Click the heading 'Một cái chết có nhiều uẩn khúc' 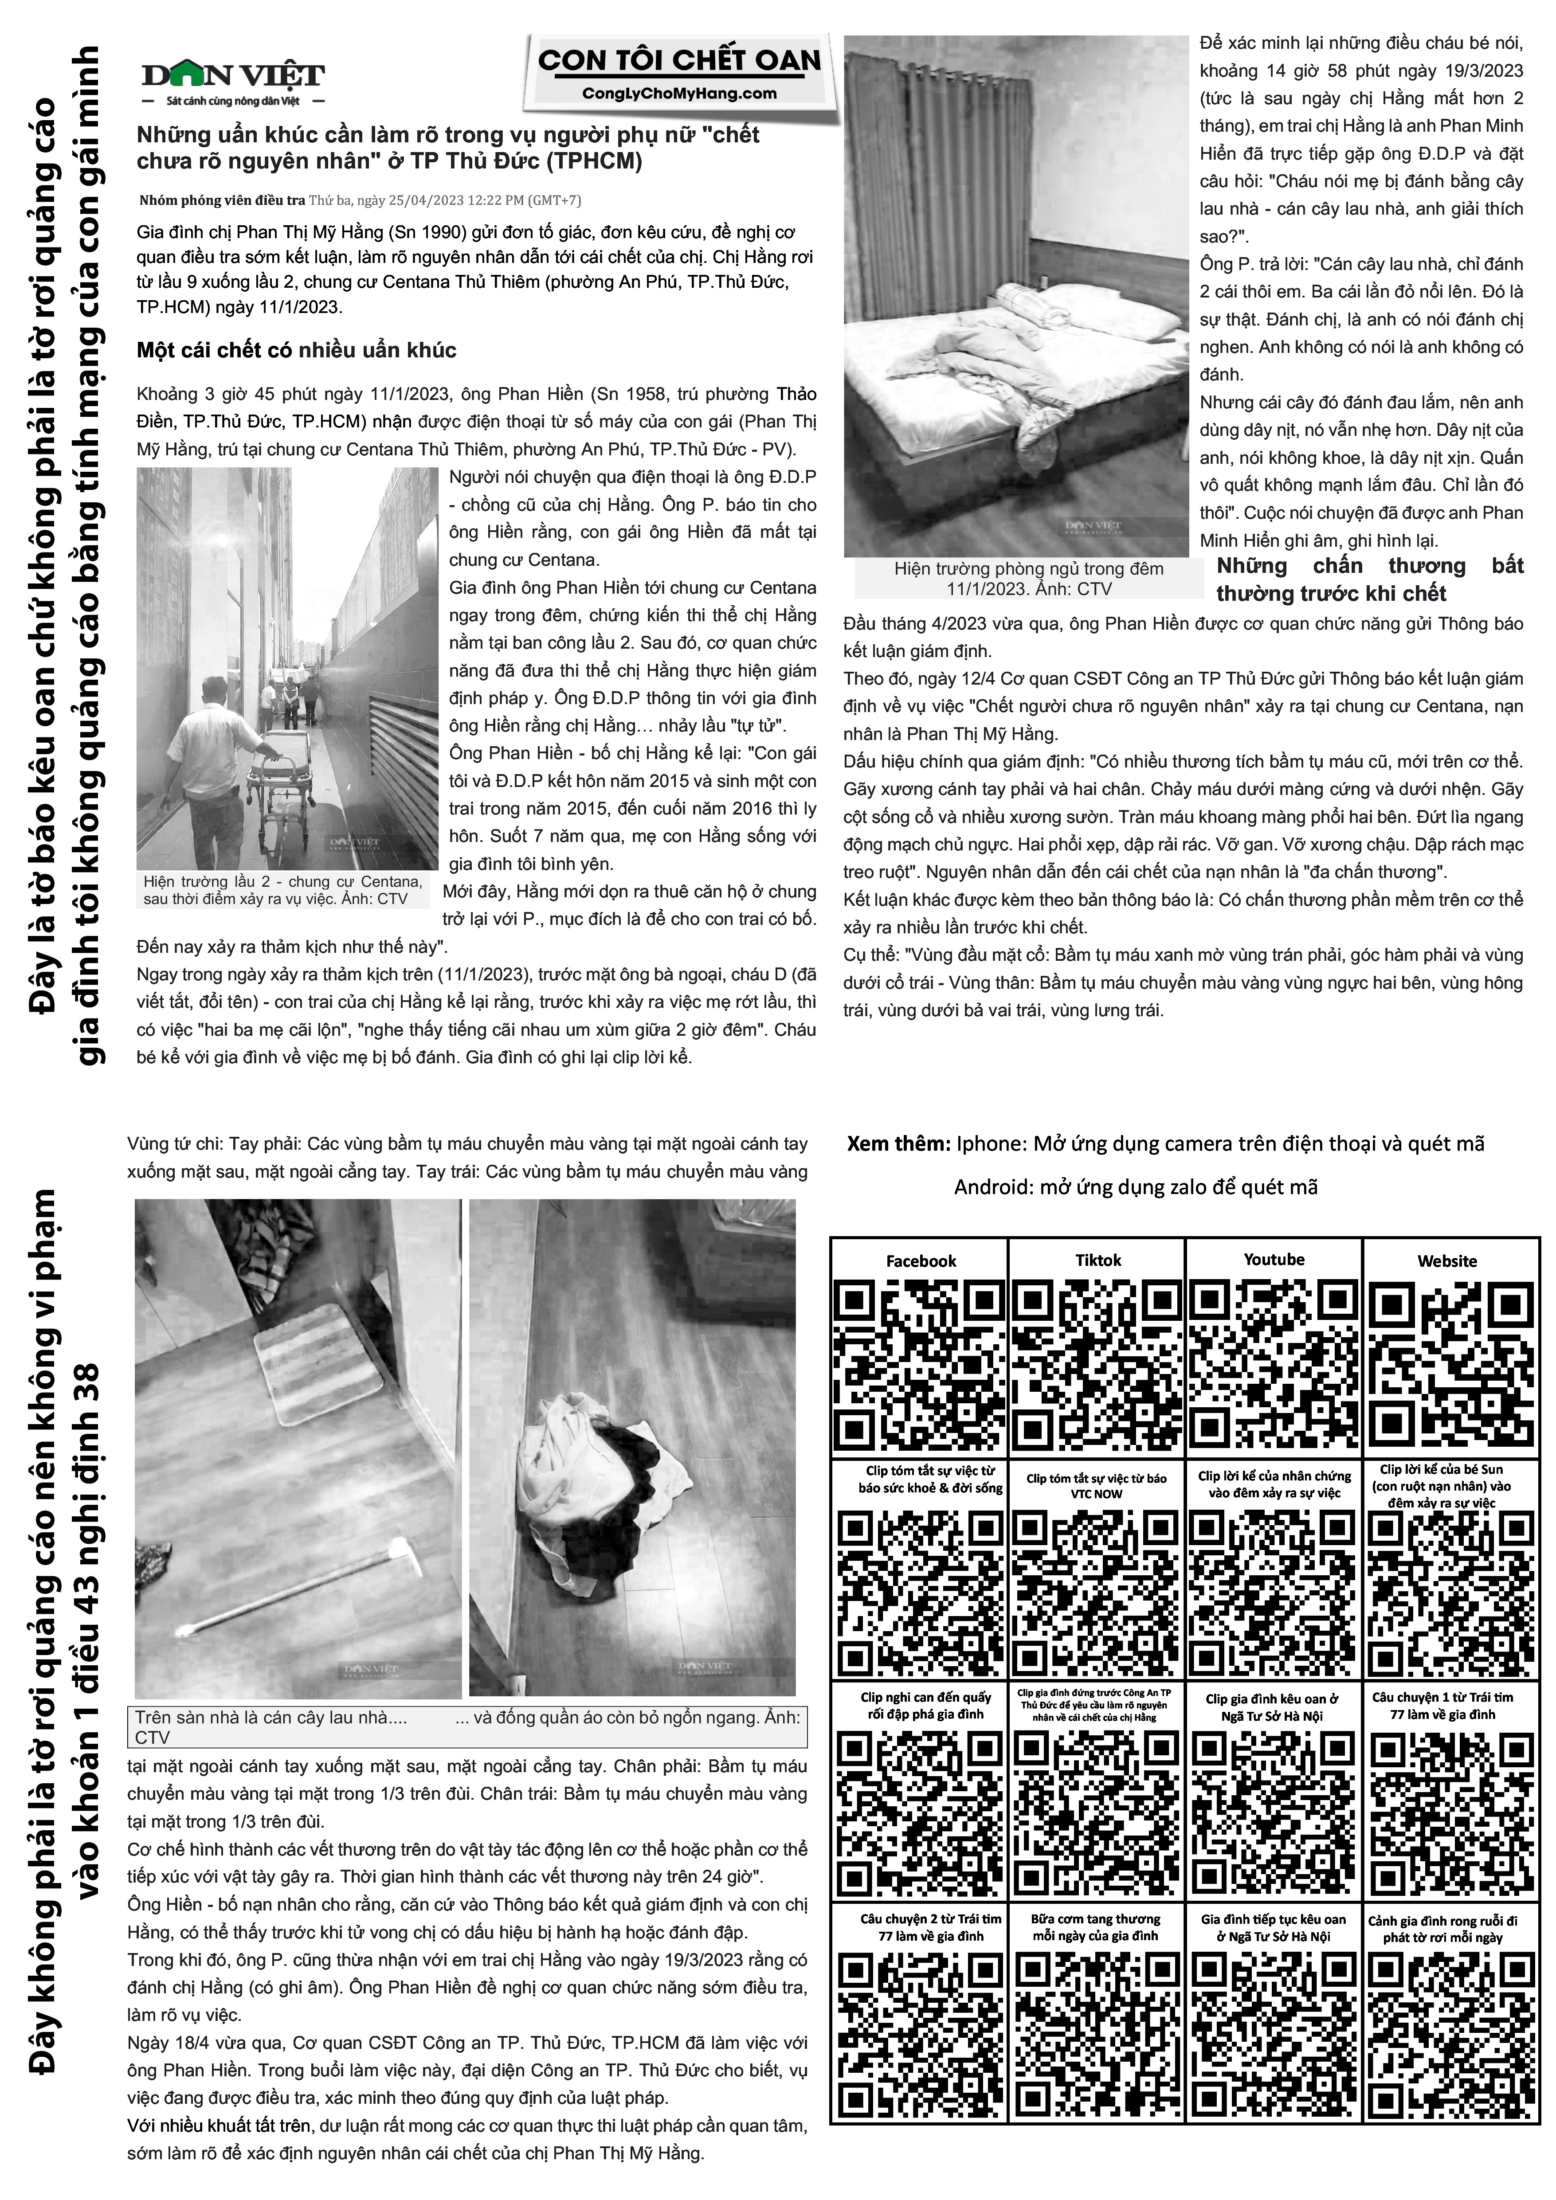click(296, 351)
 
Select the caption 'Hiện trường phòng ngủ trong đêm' click(1028, 568)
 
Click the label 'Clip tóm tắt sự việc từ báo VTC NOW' click(1096, 1486)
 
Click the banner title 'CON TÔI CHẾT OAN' click(679, 60)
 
